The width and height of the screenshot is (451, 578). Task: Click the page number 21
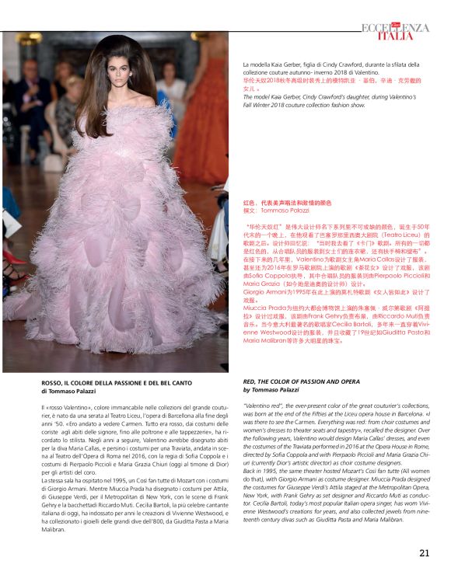[424, 553]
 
